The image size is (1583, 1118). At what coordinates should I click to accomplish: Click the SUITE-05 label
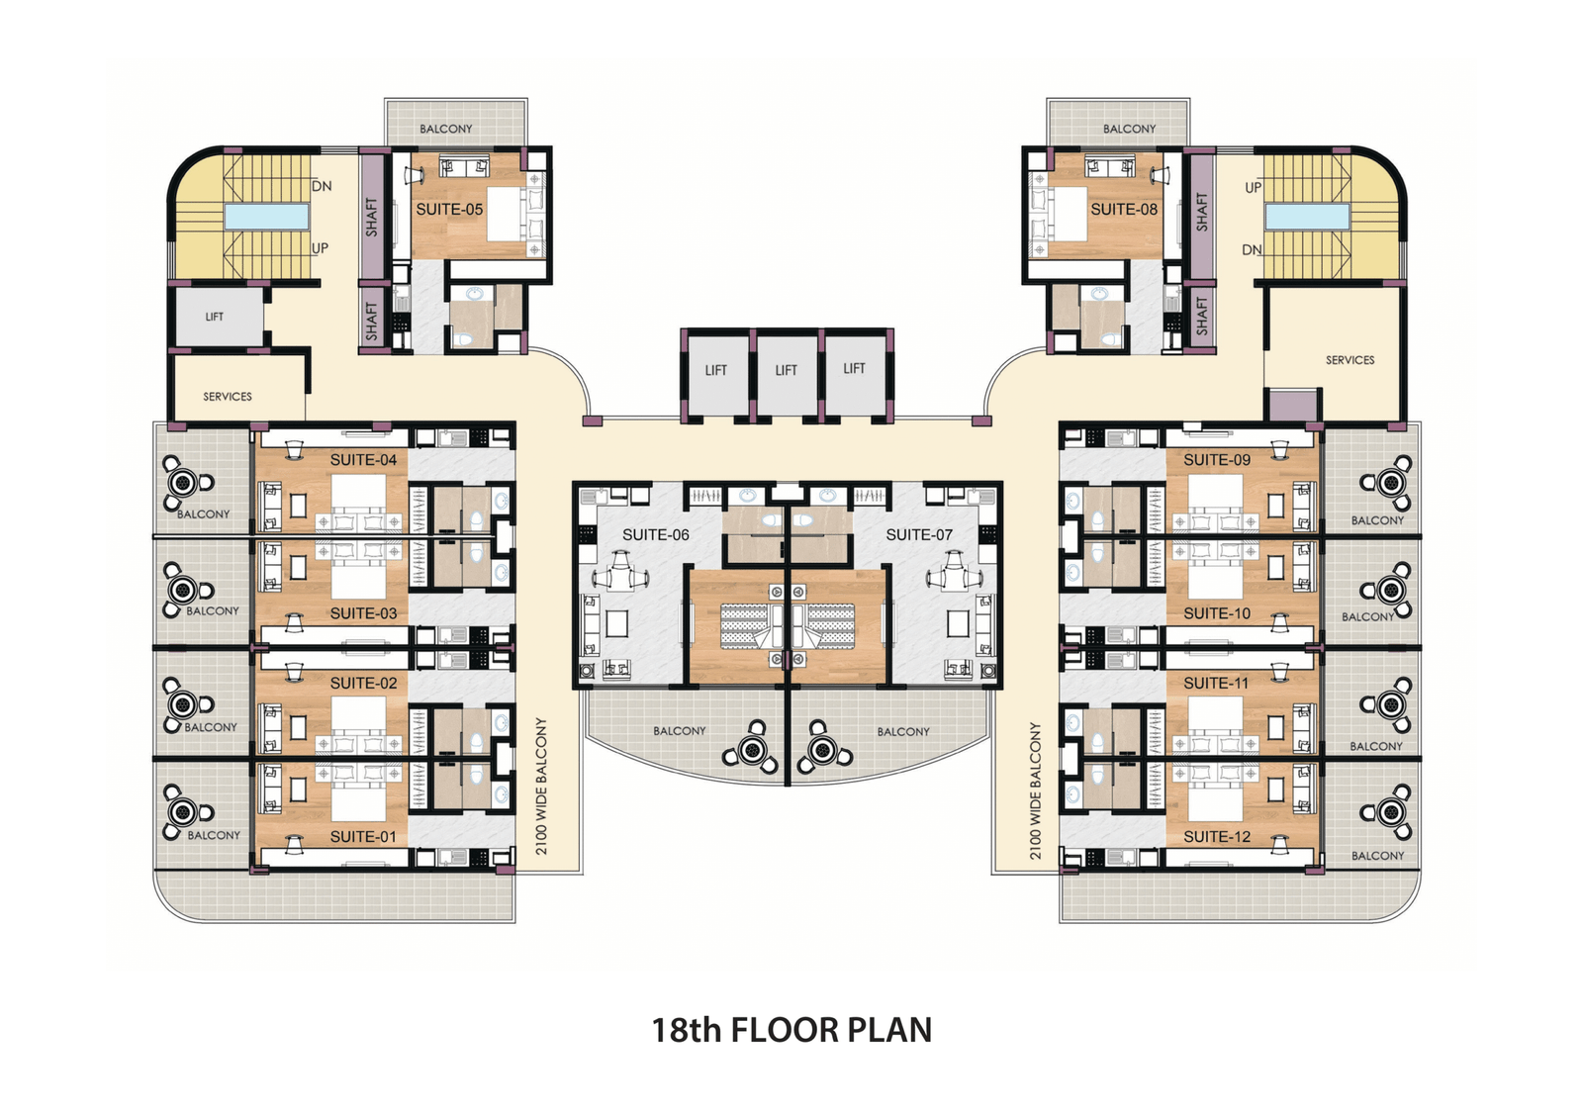pyautogui.click(x=449, y=209)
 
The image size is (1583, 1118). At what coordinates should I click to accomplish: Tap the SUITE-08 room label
pyautogui.click(x=1124, y=209)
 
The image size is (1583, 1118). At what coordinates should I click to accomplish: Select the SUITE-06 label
pyautogui.click(x=656, y=535)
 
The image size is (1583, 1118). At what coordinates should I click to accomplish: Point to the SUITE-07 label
pyautogui.click(x=919, y=535)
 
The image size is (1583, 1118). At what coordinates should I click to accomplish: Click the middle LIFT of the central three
pyautogui.click(x=786, y=370)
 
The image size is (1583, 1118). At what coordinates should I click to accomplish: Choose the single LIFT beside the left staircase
pyautogui.click(x=214, y=317)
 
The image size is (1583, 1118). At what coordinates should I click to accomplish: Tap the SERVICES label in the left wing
pyautogui.click(x=228, y=397)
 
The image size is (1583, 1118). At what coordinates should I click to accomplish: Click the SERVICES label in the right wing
pyautogui.click(x=1350, y=360)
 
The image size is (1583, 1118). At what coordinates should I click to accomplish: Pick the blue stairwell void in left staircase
pyautogui.click(x=266, y=217)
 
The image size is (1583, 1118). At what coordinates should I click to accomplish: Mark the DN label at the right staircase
pyautogui.click(x=1252, y=249)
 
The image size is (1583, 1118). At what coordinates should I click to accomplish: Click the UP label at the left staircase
pyautogui.click(x=321, y=248)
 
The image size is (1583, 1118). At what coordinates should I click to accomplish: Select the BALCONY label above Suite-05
pyautogui.click(x=446, y=129)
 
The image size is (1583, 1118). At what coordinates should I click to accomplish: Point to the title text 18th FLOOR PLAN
pyautogui.click(x=791, y=1030)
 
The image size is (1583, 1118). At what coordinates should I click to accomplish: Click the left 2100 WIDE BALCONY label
pyautogui.click(x=542, y=787)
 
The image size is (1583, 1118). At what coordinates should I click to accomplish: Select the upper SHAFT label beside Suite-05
pyautogui.click(x=372, y=217)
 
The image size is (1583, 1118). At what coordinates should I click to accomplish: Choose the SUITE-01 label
pyautogui.click(x=363, y=837)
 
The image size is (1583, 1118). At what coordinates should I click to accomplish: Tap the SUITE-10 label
pyautogui.click(x=1217, y=613)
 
